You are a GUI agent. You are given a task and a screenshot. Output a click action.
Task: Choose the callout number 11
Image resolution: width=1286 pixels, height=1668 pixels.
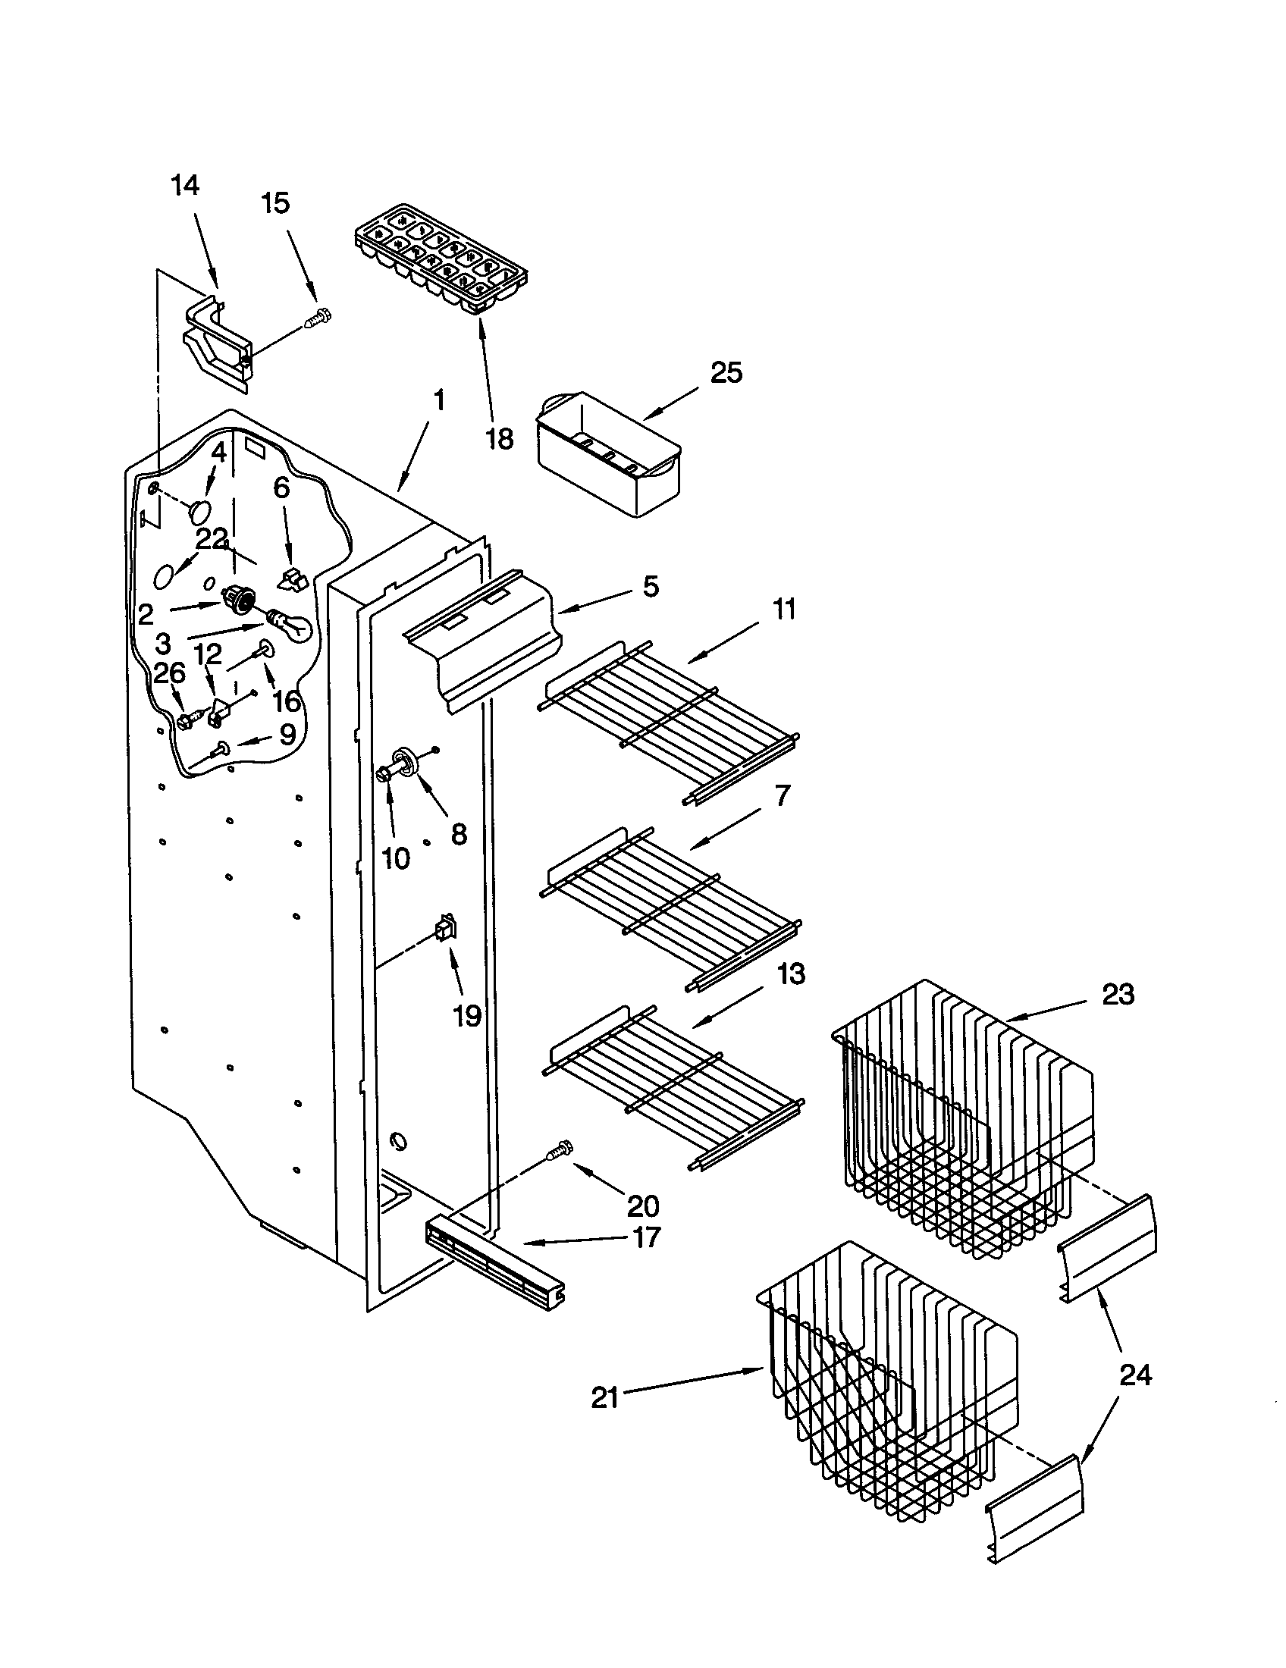point(783,610)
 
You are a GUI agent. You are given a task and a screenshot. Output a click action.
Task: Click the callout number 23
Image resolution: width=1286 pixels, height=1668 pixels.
point(1118,995)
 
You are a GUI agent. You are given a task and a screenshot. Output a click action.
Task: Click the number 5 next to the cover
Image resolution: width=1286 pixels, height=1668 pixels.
point(651,587)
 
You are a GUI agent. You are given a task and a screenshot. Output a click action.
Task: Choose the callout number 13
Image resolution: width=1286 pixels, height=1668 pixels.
point(791,974)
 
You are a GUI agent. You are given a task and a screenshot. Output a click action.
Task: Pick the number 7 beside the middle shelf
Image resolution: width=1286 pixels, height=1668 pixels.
point(782,796)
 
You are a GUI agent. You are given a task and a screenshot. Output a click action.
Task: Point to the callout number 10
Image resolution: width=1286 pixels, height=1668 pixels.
point(395,858)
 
